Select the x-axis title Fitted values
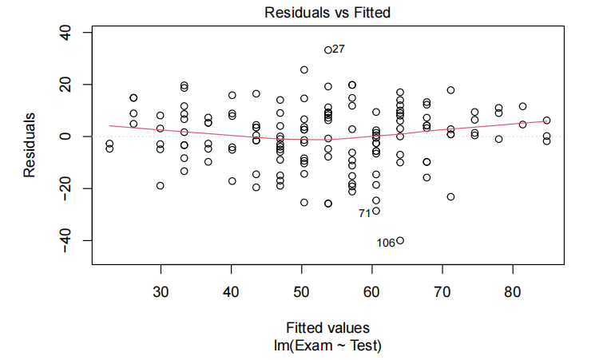(328, 328)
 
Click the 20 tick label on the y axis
(65, 85)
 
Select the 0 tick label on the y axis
(65, 136)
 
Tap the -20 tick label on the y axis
(65, 188)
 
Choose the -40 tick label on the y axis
(65, 240)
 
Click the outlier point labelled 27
(328, 49)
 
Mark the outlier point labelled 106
(400, 240)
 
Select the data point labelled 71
(376, 211)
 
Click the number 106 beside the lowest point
(386, 243)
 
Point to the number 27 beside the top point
(339, 49)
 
